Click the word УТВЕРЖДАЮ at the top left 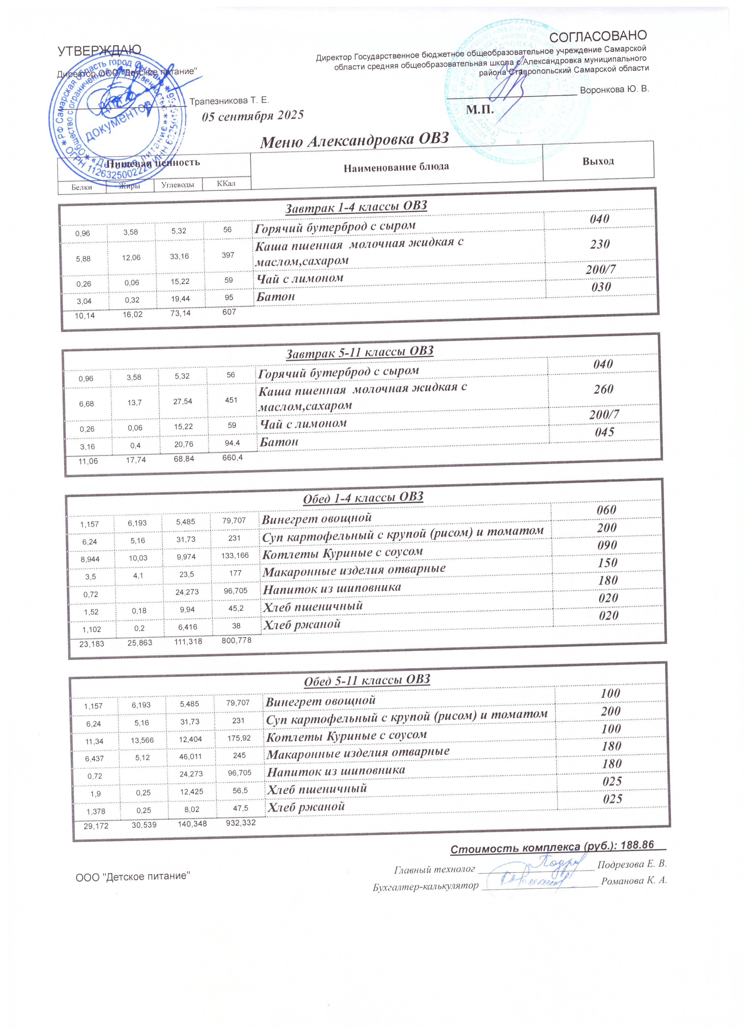click(x=99, y=51)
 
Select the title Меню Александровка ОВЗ click(x=354, y=141)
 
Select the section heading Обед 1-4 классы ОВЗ click(x=363, y=497)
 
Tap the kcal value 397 click(x=228, y=255)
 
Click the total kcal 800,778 click(x=236, y=641)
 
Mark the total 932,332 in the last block click(x=241, y=824)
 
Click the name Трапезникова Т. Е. click(x=229, y=100)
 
